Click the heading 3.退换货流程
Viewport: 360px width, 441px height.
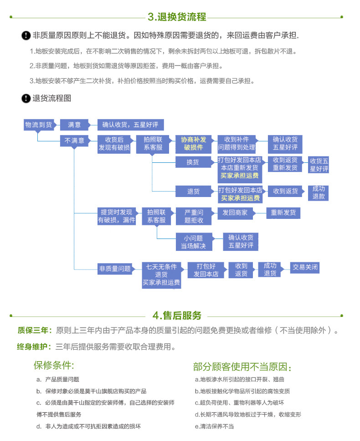[177, 17]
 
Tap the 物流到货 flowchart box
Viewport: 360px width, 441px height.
[38, 125]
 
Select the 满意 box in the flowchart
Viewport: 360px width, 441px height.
[74, 125]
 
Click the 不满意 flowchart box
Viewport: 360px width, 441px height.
[74, 141]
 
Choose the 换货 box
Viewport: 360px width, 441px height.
[193, 162]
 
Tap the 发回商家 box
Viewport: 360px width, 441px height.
[235, 213]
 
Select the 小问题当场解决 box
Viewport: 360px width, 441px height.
[194, 242]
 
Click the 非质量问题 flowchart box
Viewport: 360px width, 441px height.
[115, 269]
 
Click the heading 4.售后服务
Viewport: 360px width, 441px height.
[177, 316]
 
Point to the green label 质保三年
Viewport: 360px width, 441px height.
[35, 331]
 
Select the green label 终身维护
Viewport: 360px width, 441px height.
[35, 347]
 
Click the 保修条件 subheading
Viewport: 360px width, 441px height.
[54, 365]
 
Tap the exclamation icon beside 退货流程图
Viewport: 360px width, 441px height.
[26, 99]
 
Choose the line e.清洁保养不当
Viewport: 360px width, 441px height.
[214, 426]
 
